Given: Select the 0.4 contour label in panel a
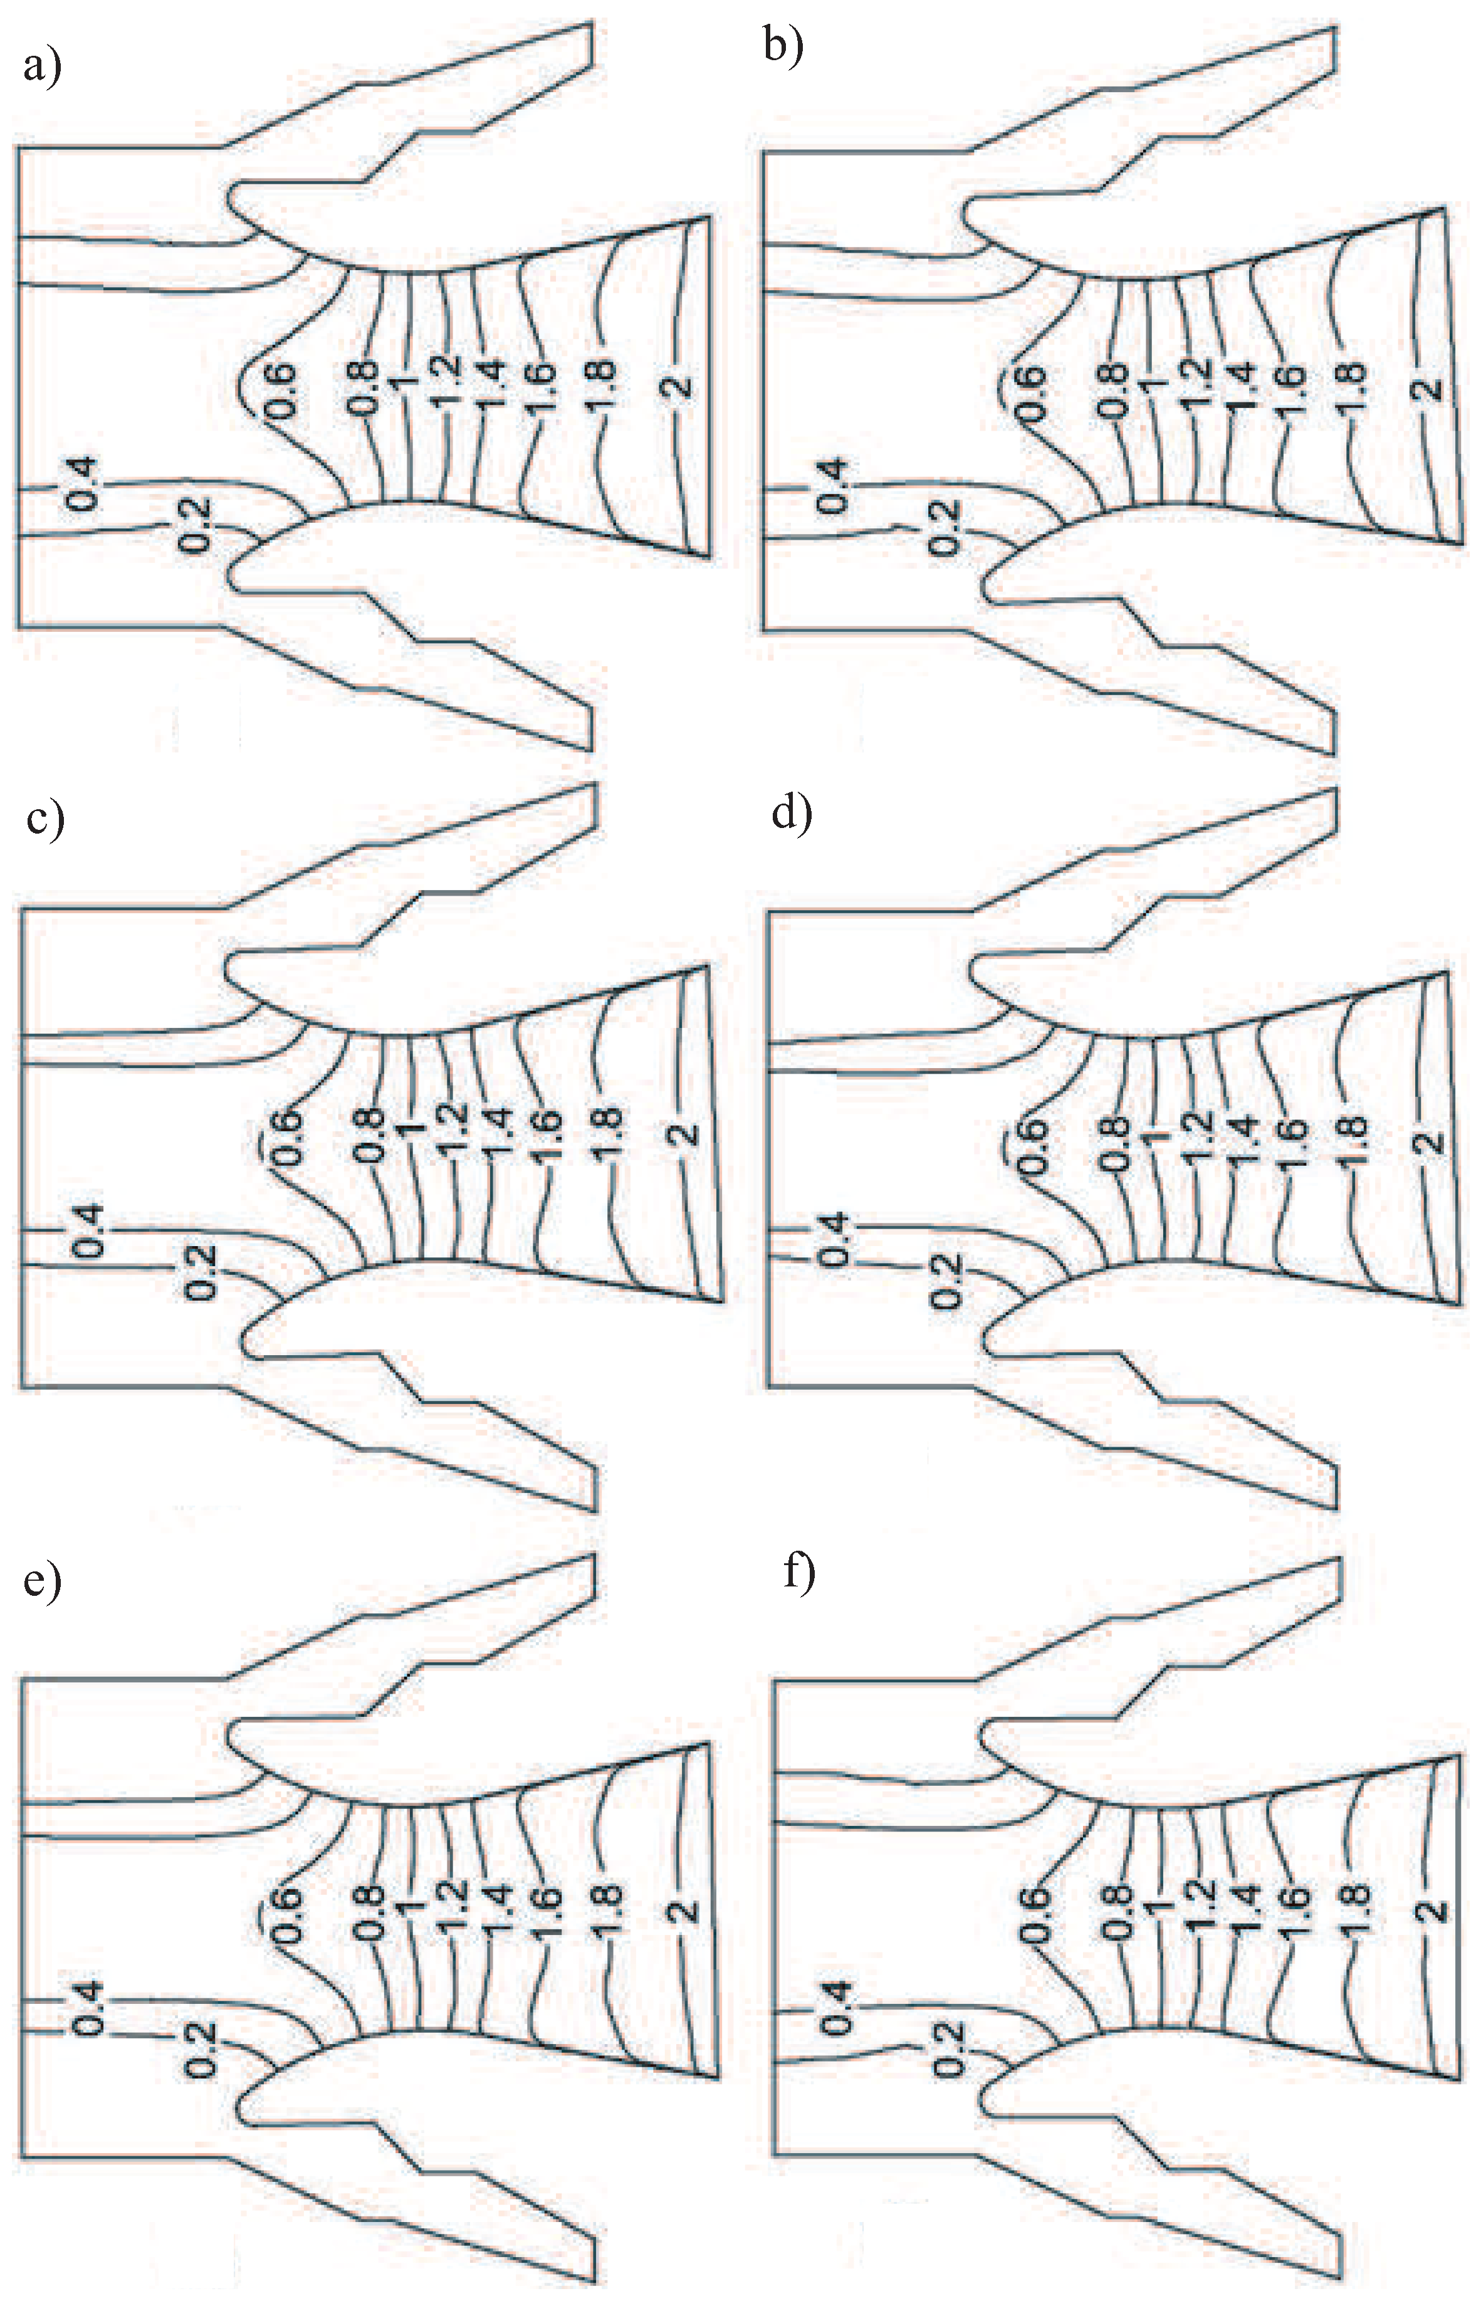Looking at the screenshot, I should (85, 484).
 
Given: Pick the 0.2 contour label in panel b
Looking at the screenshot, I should (945, 526).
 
